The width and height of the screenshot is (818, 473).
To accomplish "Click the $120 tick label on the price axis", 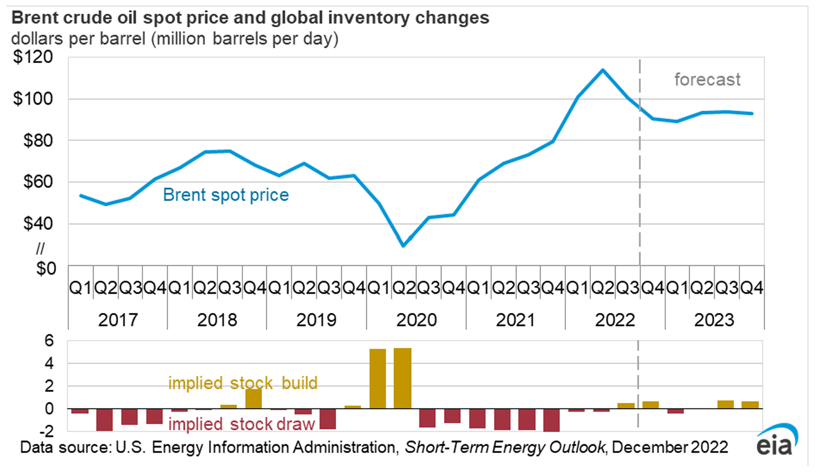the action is (33, 57).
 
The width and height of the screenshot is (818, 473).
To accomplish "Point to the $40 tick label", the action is (38, 224).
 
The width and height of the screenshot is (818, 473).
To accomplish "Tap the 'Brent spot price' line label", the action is (226, 195).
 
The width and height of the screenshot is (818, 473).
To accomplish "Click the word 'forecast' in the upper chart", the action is (708, 80).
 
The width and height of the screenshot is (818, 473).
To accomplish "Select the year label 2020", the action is (416, 320).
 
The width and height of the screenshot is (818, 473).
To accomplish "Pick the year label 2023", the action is (714, 320).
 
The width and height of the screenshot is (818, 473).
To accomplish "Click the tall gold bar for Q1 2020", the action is (378, 379).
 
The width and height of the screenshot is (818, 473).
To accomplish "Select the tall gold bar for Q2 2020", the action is (402, 378).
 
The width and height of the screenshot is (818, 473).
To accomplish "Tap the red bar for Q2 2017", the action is (104, 420).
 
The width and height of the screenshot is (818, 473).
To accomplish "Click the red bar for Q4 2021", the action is (551, 420).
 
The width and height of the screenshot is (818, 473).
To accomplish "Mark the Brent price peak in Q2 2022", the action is (603, 70).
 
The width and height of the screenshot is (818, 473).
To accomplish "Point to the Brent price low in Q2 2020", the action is (403, 246).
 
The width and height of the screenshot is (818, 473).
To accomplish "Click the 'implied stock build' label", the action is (243, 383).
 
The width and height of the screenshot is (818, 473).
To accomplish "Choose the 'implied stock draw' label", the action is (241, 424).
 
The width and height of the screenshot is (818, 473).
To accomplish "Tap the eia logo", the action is (777, 440).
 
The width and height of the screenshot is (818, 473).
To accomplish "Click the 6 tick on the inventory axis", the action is (49, 341).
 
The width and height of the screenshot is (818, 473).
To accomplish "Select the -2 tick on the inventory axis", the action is (47, 431).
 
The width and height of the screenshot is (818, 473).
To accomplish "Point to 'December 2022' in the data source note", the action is (670, 447).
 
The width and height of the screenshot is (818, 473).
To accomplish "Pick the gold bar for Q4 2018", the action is (253, 399).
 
